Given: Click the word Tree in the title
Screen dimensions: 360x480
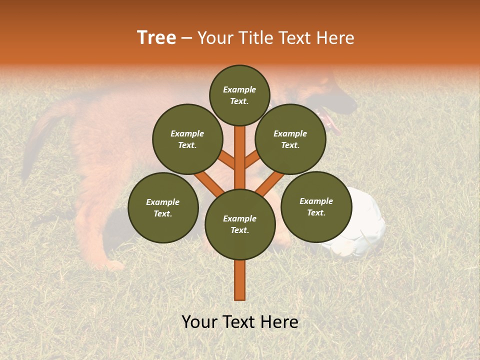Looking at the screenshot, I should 156,37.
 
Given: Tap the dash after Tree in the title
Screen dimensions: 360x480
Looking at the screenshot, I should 187,38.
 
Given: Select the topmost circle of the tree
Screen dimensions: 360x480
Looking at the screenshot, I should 239,95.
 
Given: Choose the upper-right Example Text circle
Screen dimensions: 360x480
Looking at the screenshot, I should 290,139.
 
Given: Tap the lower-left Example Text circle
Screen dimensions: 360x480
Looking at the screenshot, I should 163,207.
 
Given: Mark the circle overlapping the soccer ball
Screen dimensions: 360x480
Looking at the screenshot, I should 316,206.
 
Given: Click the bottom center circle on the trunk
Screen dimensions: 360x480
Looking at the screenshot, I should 240,224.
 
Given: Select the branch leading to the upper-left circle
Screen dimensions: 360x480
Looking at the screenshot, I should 226,161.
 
